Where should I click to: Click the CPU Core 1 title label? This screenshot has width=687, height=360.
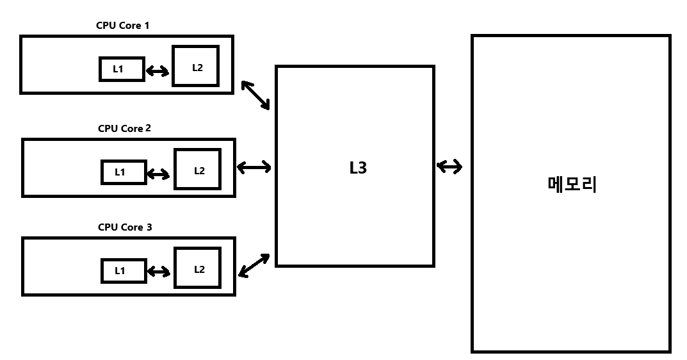(123, 26)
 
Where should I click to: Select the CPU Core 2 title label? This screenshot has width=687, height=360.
(124, 128)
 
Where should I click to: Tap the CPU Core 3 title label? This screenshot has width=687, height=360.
(124, 227)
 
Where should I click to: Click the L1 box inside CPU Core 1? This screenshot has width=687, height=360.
(122, 69)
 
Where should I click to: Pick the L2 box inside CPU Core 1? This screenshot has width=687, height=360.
(195, 66)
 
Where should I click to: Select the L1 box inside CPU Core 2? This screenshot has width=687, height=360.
(124, 172)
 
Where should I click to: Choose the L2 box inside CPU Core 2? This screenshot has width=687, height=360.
(197, 169)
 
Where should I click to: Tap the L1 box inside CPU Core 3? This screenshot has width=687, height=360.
(124, 270)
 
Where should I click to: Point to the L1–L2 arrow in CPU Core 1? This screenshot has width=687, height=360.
(158, 70)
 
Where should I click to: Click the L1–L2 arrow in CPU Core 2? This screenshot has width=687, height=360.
(158, 173)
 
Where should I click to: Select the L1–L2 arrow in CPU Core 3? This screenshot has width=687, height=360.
(158, 272)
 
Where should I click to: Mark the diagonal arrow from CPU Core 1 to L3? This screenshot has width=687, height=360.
(256, 95)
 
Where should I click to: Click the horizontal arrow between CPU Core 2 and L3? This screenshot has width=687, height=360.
(254, 168)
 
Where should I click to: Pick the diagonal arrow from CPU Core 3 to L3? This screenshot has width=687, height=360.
(254, 265)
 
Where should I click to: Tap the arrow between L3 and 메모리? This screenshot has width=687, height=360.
(449, 167)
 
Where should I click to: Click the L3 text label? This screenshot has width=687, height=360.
(358, 168)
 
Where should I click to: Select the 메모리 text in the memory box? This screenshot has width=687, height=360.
(572, 184)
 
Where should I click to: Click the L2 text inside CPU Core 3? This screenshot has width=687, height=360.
(199, 269)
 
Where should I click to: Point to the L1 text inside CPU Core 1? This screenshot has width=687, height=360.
(118, 69)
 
